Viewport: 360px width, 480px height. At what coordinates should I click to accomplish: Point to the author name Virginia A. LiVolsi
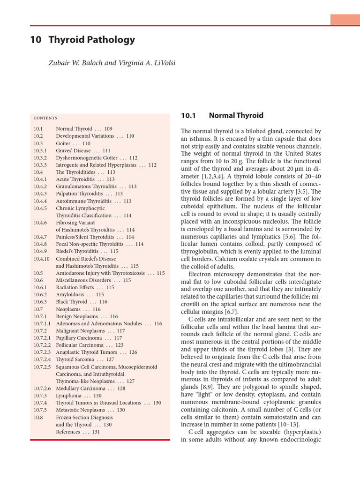(x=147, y=63)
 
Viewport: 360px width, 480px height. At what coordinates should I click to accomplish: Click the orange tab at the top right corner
(x=345, y=20)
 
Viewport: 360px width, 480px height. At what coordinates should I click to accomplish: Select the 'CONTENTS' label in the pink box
(x=45, y=118)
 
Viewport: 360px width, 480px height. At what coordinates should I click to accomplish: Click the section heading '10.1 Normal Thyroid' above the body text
(x=222, y=116)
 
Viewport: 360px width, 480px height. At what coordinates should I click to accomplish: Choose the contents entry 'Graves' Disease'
(x=73, y=151)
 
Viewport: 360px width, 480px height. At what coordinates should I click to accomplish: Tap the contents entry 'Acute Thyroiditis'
(x=75, y=180)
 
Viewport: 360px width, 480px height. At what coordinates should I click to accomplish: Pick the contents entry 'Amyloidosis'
(x=70, y=295)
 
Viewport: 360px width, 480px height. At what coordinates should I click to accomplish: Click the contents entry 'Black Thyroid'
(x=71, y=302)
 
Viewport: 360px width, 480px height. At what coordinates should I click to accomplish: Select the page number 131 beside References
(x=96, y=432)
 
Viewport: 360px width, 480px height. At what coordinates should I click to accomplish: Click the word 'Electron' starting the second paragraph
(x=199, y=273)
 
